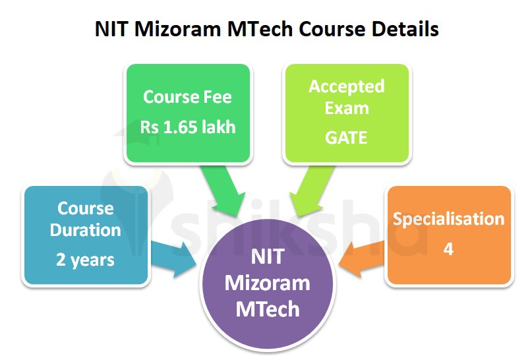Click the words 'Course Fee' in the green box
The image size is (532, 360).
tap(187, 97)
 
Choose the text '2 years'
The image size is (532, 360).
tap(85, 259)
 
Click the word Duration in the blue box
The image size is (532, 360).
tap(86, 230)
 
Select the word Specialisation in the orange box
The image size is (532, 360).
tap(448, 219)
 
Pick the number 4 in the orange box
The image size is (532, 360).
tap(448, 249)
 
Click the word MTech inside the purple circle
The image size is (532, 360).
tap(267, 308)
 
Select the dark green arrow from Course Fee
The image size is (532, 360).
tap(223, 190)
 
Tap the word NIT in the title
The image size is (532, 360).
tap(111, 30)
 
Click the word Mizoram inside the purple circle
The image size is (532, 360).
tap(267, 283)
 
